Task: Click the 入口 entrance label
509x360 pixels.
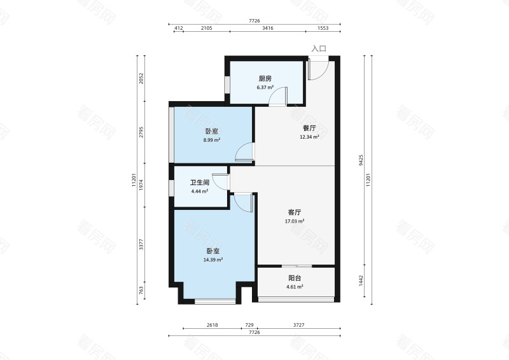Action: pyautogui.click(x=319, y=49)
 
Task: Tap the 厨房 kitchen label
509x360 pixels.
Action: pyautogui.click(x=265, y=79)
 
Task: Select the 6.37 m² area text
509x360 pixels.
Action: pyautogui.click(x=265, y=87)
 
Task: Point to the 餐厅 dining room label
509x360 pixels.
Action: pyautogui.click(x=309, y=128)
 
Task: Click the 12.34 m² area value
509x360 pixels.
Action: pyautogui.click(x=309, y=137)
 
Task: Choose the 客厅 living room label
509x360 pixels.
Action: pyautogui.click(x=295, y=212)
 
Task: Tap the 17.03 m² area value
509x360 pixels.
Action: pyautogui.click(x=295, y=221)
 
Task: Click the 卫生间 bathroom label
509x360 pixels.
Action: pyautogui.click(x=200, y=183)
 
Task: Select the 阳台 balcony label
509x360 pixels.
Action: pyautogui.click(x=295, y=278)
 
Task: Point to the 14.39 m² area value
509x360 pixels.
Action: pyautogui.click(x=213, y=260)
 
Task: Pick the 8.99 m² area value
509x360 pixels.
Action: pyautogui.click(x=212, y=140)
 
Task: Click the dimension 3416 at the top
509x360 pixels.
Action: pyautogui.click(x=267, y=28)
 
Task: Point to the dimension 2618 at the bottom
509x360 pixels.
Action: pyautogui.click(x=213, y=325)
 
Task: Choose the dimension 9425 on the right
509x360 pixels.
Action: pyautogui.click(x=361, y=160)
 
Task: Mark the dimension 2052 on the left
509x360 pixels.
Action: pyautogui.click(x=141, y=79)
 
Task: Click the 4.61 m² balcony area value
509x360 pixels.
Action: pyautogui.click(x=295, y=287)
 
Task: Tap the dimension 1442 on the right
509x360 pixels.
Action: pyautogui.click(x=361, y=280)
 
